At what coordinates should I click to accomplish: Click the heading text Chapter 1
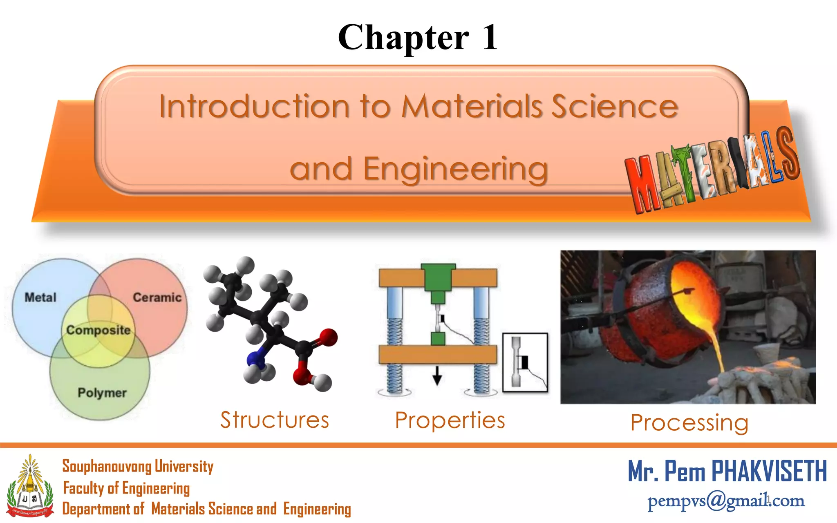tap(418, 38)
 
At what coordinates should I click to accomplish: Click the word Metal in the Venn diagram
tap(40, 297)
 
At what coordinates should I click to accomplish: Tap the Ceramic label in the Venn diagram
tap(157, 297)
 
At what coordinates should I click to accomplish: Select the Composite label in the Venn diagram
tap(98, 330)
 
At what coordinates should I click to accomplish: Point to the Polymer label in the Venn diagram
tap(102, 393)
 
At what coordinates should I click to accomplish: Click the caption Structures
tap(275, 420)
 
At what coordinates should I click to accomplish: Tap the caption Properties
tap(450, 420)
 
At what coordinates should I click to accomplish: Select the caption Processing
tap(689, 422)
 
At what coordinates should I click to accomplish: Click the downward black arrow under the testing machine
tap(437, 375)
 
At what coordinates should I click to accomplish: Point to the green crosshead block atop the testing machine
tap(438, 277)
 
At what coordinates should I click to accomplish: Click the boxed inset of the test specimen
tap(525, 362)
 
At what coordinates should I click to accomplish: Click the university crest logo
tap(30, 487)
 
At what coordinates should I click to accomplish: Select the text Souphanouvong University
tap(138, 466)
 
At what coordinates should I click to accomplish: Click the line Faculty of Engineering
tap(126, 488)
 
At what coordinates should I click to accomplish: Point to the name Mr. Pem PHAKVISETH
tap(727, 471)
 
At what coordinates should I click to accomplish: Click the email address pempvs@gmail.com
tap(726, 501)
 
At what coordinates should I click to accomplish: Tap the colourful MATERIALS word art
tap(712, 172)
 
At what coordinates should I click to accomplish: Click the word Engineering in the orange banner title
tap(455, 169)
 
